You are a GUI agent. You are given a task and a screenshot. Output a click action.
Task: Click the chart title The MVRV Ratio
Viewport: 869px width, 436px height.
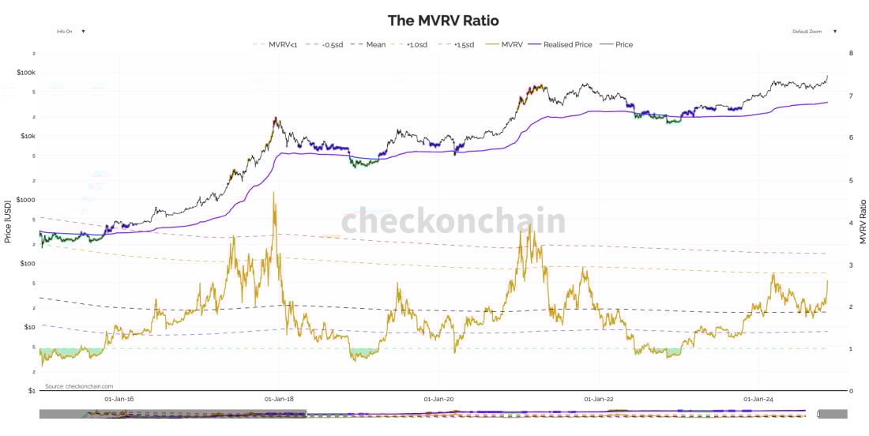point(443,21)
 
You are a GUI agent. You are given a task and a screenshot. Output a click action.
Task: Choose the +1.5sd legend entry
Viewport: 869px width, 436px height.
point(462,45)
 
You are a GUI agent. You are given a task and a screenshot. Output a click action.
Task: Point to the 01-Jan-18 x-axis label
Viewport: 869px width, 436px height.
point(280,400)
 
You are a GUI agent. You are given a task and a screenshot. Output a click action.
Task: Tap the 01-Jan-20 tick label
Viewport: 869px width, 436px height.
point(439,400)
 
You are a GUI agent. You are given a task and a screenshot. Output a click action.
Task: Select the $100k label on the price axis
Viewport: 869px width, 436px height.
point(25,73)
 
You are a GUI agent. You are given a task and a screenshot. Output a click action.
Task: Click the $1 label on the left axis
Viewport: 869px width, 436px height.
point(32,391)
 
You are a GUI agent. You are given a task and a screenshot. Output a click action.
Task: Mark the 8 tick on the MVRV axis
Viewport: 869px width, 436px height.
point(850,54)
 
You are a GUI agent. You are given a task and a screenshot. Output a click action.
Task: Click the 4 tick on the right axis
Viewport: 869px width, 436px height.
point(850,223)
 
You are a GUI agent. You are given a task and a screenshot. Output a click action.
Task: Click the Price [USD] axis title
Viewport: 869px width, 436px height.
point(7,221)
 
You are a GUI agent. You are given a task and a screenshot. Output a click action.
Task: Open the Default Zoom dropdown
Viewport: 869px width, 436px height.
point(814,32)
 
